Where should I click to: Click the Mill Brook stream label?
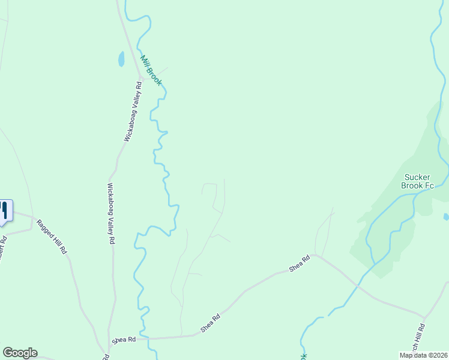point(151,70)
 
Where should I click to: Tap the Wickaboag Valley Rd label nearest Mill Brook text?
point(133,112)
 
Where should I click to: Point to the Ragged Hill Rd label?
point(52,236)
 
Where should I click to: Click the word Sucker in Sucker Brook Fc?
point(417,177)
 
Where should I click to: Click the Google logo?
point(20,353)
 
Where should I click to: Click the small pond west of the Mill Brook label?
point(121,59)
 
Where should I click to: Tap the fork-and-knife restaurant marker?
point(4,211)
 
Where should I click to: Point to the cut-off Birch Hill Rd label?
point(420,339)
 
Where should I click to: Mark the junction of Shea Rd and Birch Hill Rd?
point(424,317)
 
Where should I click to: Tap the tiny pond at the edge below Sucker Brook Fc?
point(446,216)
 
